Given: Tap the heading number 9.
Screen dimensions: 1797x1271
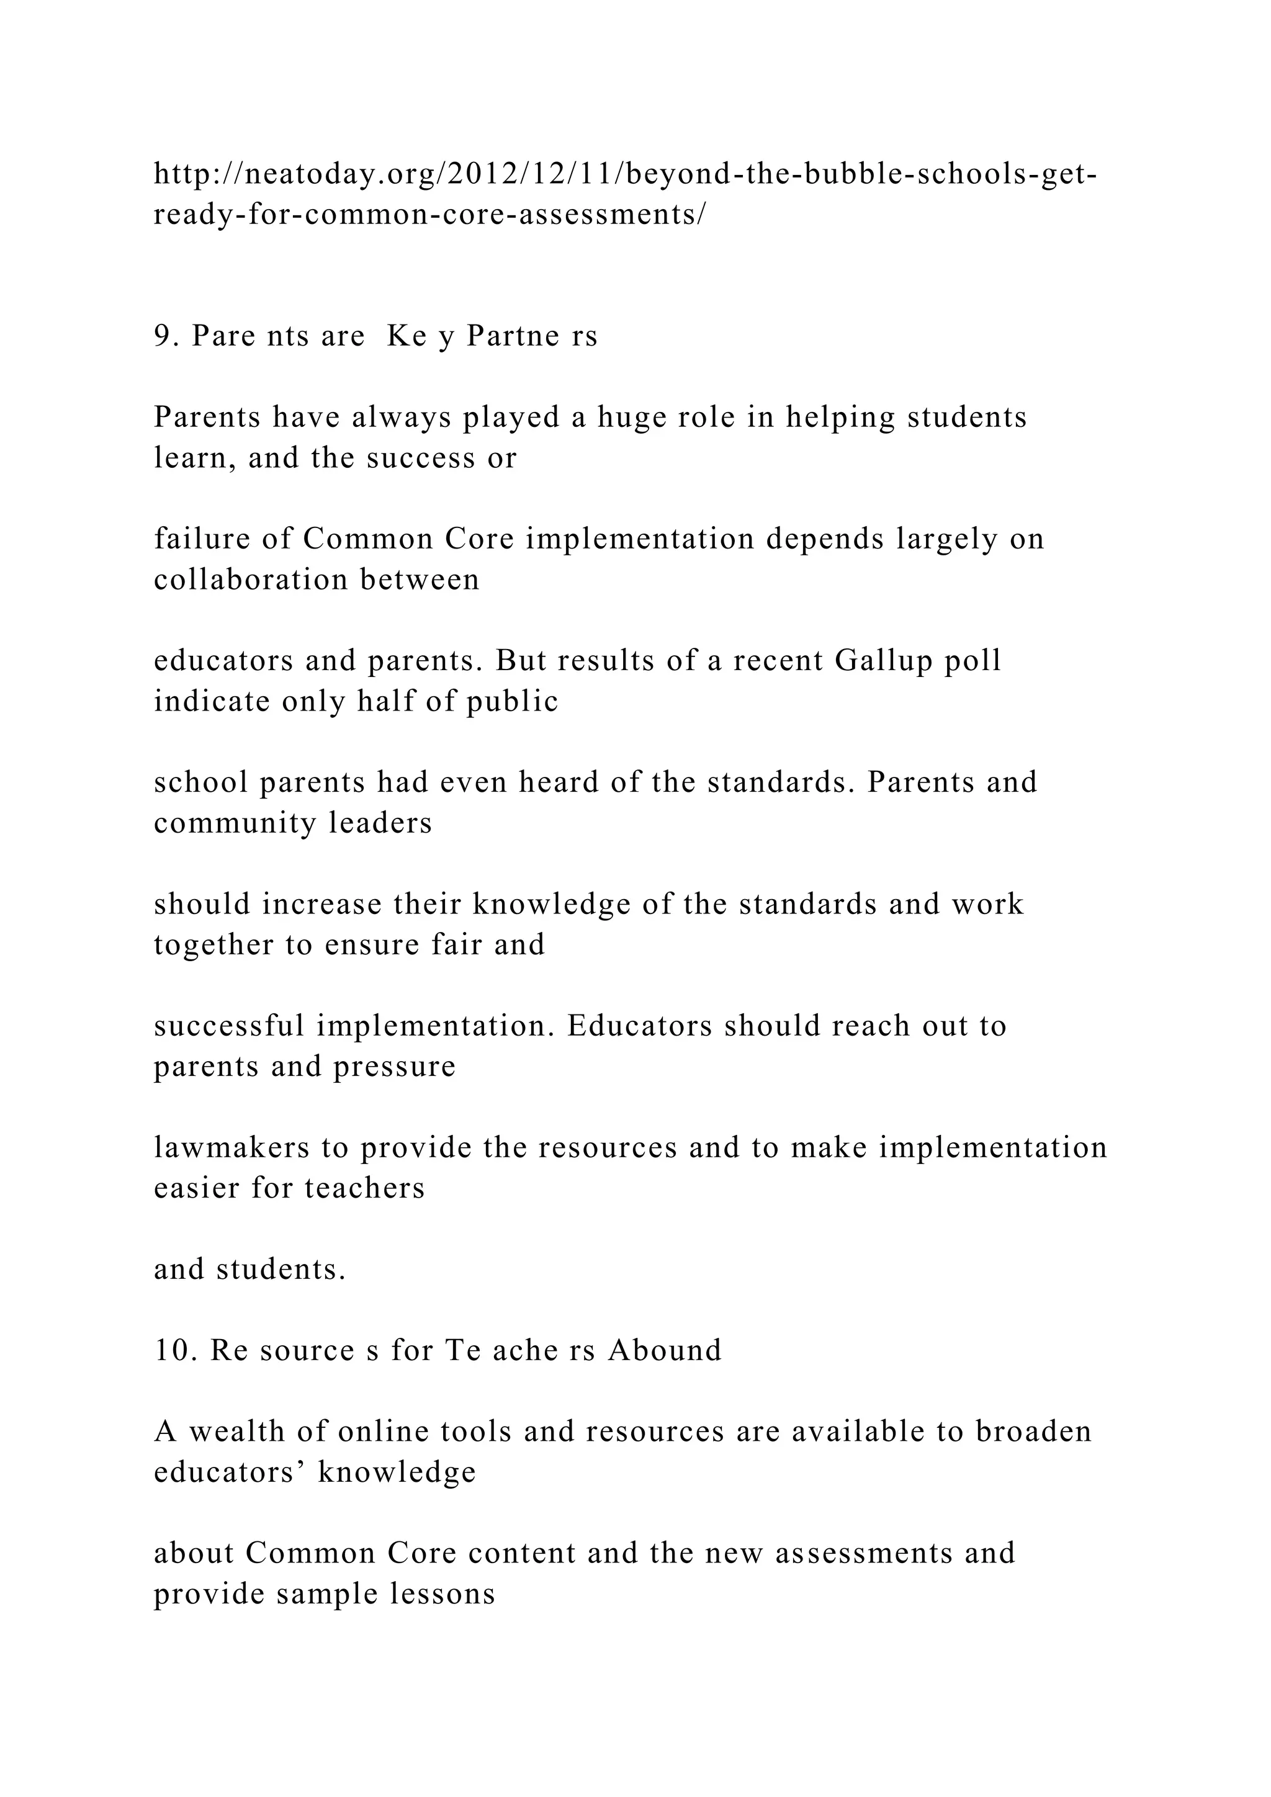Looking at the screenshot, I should [162, 336].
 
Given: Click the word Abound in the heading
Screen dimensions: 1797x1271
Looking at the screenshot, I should [665, 1350].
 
